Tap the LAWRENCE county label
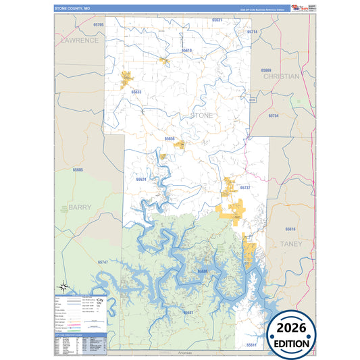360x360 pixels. (x=80, y=40)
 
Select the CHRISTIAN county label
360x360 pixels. (x=280, y=76)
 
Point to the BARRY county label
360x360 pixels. (x=79, y=207)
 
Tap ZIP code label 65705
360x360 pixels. (x=99, y=24)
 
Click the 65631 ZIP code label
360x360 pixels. (x=217, y=20)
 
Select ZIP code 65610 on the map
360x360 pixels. (x=186, y=51)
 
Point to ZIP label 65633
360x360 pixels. (x=136, y=92)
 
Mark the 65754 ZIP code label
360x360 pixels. (x=273, y=116)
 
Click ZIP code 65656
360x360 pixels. (x=170, y=138)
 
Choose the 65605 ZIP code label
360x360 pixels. (x=78, y=170)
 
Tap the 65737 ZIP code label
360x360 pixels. (x=245, y=187)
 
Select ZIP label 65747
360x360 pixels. (x=103, y=261)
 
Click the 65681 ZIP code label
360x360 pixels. (x=188, y=313)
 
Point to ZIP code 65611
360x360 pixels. (x=251, y=344)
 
